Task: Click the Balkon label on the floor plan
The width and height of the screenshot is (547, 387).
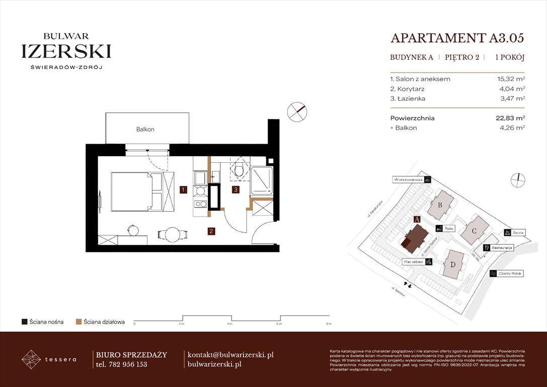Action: (x=145, y=130)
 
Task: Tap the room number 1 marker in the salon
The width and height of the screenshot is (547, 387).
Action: (x=184, y=190)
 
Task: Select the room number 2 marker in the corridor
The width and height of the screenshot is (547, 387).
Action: (x=212, y=231)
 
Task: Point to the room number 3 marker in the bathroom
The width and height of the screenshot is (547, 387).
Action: (x=235, y=190)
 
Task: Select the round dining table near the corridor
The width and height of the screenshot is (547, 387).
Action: (x=172, y=235)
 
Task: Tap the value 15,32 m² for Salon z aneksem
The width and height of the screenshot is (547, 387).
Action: (x=510, y=79)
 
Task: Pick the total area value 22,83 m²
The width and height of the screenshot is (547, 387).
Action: (x=510, y=118)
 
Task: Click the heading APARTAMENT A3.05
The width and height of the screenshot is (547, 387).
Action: (x=457, y=38)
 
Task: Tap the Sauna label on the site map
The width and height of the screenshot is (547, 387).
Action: (x=518, y=233)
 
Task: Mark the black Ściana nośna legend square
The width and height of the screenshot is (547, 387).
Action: (x=25, y=321)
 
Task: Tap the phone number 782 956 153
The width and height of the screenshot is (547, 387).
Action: (x=127, y=364)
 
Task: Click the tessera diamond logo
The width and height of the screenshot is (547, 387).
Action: (x=31, y=359)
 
